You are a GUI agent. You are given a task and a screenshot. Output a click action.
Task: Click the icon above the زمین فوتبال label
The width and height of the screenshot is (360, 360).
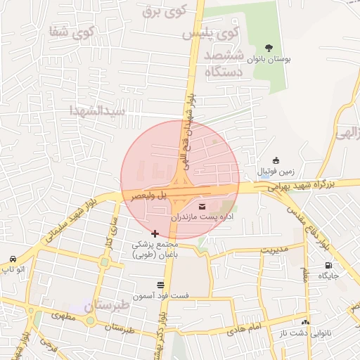tap(276, 160)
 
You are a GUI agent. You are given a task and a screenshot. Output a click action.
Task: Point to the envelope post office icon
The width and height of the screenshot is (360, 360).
tap(203, 207)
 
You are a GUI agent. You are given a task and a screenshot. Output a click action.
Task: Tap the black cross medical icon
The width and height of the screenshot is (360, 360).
tap(155, 233)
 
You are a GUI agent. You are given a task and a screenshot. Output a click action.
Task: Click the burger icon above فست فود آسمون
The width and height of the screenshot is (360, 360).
tap(161, 285)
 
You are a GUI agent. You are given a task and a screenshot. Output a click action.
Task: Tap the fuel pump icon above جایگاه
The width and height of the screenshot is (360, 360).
tap(328, 265)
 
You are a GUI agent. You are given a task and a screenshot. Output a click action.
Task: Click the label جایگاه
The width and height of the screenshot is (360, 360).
tap(328, 276)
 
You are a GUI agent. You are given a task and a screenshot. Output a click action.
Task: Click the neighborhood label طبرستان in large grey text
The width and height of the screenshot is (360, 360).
tap(107, 306)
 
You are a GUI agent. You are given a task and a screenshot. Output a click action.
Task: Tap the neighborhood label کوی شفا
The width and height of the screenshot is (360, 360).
tap(71, 32)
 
